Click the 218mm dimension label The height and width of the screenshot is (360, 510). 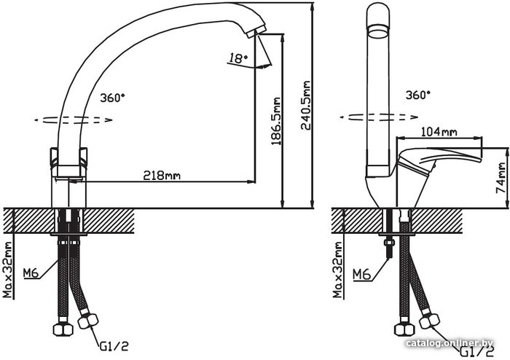[162, 176]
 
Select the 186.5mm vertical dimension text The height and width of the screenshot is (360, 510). [276, 119]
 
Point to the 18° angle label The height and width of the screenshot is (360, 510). [238, 57]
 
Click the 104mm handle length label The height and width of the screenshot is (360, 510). [439, 132]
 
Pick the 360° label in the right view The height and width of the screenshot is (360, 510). [417, 95]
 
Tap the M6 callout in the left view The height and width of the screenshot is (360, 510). [30, 273]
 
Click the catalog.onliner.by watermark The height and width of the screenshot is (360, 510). [450, 343]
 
